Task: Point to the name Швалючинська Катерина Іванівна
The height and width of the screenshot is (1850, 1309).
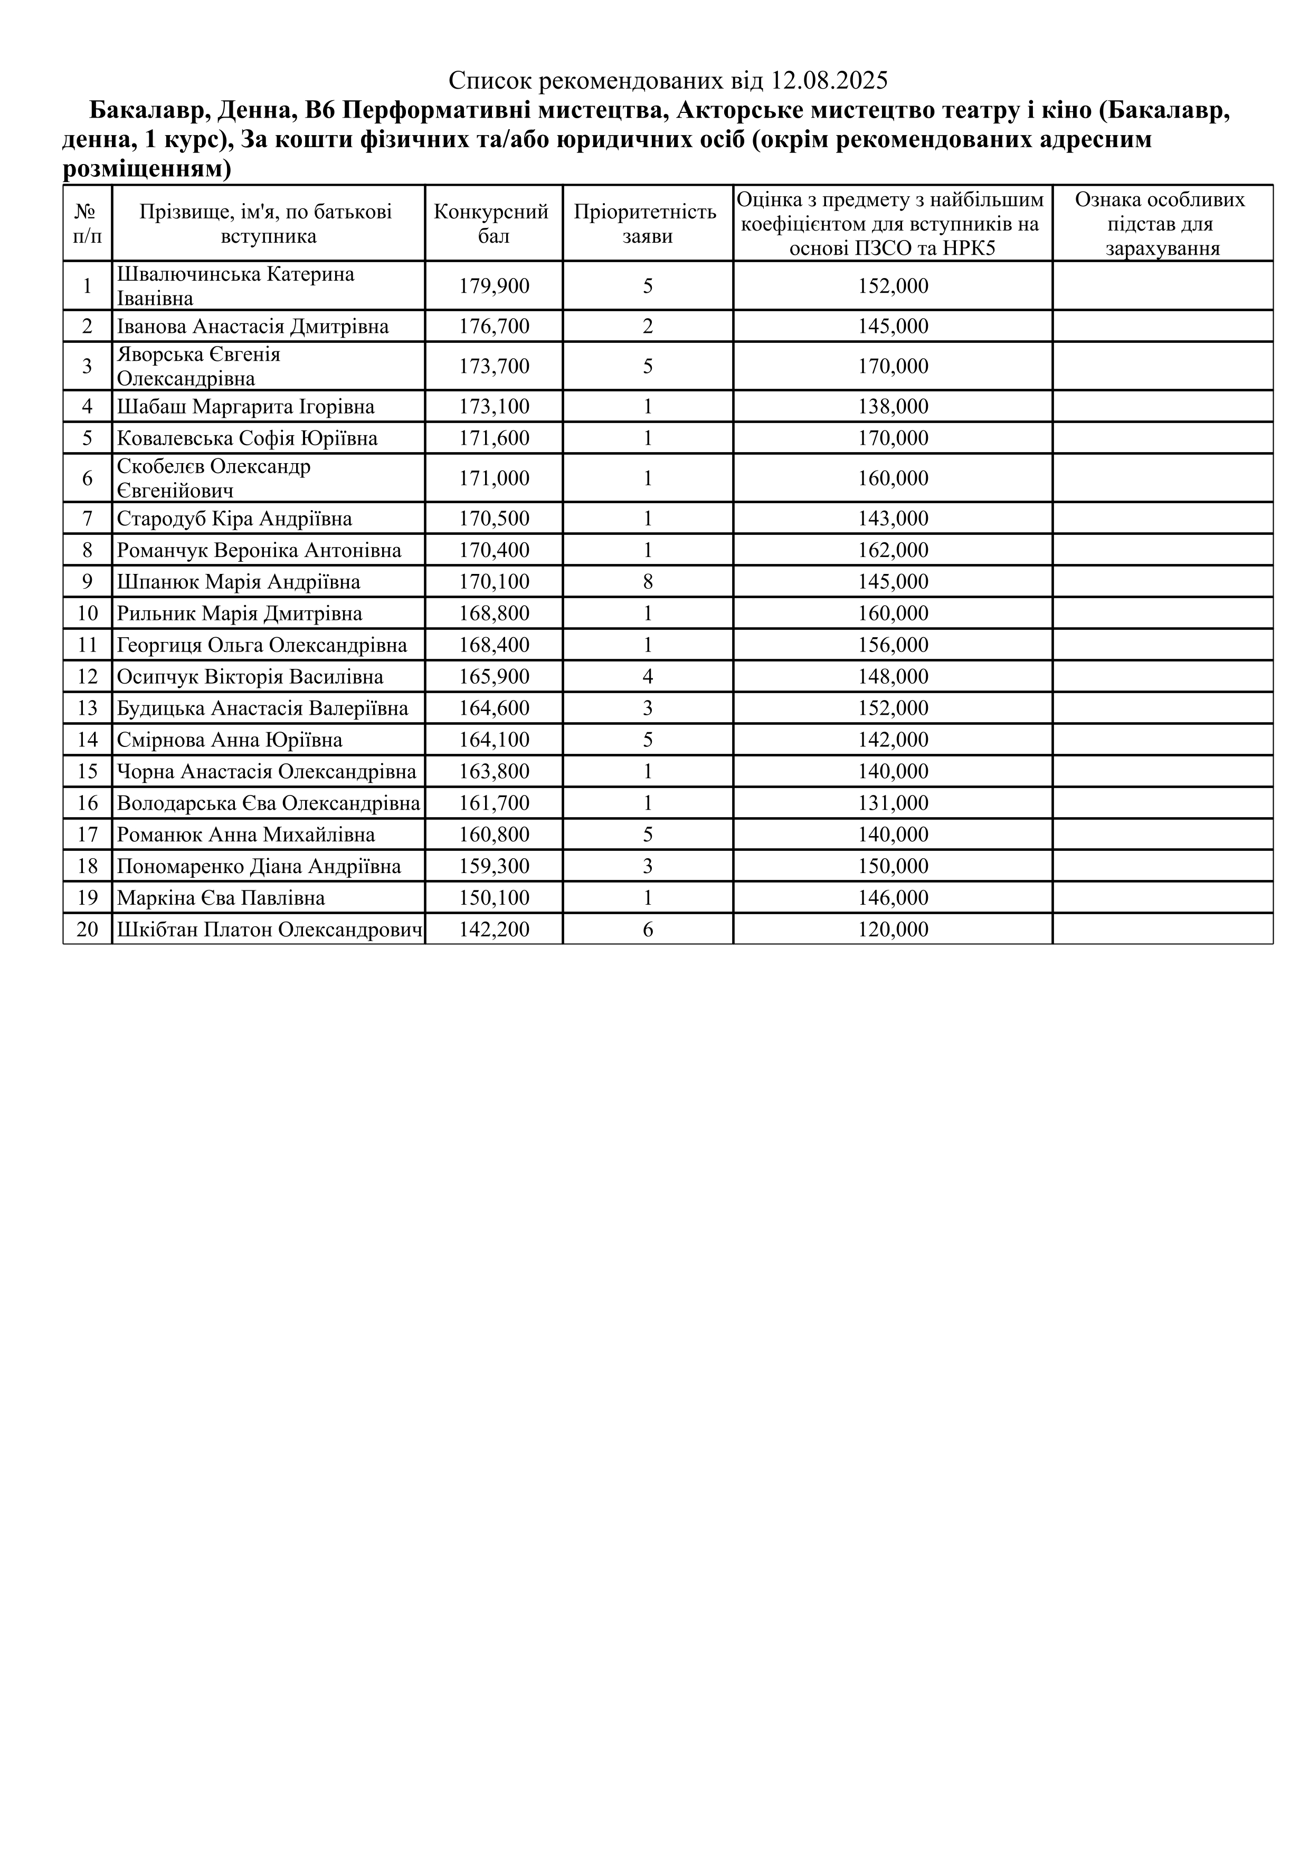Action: click(235, 286)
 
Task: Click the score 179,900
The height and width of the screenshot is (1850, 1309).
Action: click(494, 286)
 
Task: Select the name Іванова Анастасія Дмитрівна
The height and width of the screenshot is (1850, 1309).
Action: click(252, 327)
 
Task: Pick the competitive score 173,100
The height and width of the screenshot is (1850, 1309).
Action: click(494, 407)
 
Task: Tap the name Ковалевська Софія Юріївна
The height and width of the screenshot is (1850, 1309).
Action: click(246, 438)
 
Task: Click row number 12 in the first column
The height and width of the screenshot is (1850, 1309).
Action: click(87, 677)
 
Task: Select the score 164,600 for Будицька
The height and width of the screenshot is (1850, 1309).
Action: click(494, 708)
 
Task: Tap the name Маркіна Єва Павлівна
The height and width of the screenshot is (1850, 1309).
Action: click(221, 898)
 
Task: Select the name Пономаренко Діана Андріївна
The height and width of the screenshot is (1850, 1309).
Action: click(259, 866)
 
